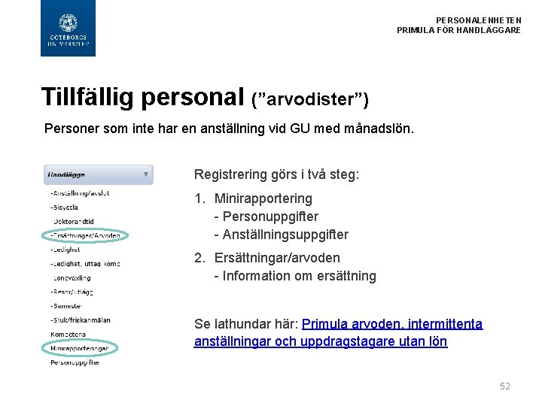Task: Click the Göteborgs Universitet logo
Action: point(68,29)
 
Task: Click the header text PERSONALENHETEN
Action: point(478,20)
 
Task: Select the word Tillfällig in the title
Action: point(87,96)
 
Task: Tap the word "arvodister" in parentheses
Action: point(310,99)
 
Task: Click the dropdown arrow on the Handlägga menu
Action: point(146,174)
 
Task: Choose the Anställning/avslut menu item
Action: point(80,193)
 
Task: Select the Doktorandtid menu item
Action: point(74,221)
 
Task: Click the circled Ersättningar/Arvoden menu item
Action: point(85,235)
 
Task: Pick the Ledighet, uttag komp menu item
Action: point(85,263)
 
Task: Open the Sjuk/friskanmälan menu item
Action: point(81,320)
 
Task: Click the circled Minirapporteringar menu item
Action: point(79,348)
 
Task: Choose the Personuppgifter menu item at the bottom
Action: point(75,362)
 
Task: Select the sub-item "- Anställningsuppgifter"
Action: point(281,235)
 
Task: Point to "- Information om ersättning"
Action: point(295,276)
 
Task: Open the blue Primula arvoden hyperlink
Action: point(392,324)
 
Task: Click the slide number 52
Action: point(504,386)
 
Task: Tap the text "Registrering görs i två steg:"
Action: point(277,174)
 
